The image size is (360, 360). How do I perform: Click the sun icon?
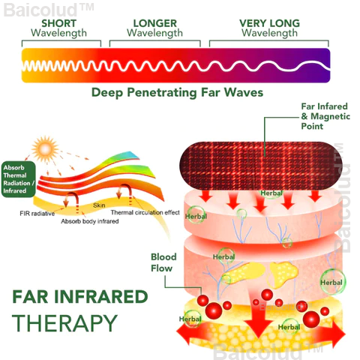click(x=45, y=149)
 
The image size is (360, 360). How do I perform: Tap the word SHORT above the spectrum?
click(x=59, y=23)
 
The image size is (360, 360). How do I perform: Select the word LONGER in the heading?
click(x=155, y=23)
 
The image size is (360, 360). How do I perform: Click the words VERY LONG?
click(x=269, y=23)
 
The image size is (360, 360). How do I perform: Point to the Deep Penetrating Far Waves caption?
click(x=177, y=92)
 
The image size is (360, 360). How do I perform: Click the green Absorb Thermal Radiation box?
click(x=19, y=179)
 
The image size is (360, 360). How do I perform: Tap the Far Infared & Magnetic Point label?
click(x=325, y=116)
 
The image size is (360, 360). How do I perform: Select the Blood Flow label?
click(x=163, y=262)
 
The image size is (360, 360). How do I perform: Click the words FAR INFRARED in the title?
click(x=80, y=297)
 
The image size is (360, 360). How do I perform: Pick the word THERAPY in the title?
click(x=64, y=323)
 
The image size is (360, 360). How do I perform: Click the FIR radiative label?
click(x=37, y=214)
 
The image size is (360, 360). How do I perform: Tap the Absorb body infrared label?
click(x=90, y=221)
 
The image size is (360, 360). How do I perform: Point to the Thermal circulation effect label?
click(x=145, y=212)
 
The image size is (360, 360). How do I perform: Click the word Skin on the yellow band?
click(x=99, y=205)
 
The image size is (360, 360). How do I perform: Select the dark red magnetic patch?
click(x=257, y=166)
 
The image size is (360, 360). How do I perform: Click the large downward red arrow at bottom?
click(x=257, y=317)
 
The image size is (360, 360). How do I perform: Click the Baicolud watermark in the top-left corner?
click(x=49, y=10)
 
